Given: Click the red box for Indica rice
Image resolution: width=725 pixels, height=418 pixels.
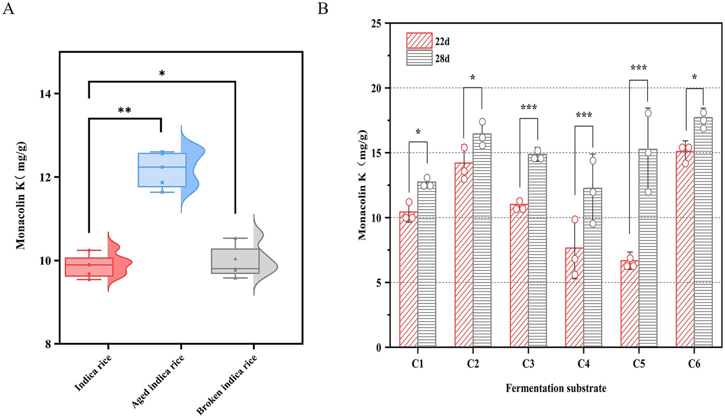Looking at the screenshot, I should coord(89,267).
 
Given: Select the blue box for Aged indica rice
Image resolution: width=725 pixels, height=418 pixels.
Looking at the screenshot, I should coord(162,170).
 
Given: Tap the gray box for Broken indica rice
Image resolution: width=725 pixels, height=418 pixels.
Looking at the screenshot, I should coord(235,261).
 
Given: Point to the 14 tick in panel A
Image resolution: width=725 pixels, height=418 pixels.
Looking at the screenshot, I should coord(46,94).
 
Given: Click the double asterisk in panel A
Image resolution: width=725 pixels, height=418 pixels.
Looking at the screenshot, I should coord(125,111).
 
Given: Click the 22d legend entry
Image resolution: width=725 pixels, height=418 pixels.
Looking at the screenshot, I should coord(428,41).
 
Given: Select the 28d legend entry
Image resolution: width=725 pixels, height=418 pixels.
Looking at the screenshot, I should coord(428,59).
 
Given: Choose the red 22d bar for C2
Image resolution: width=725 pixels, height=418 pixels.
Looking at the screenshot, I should coord(464,255).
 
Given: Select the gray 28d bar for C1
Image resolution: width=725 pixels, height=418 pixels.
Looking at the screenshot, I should coord(426,264).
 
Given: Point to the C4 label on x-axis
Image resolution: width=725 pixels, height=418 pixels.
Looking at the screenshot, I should coord(583,364).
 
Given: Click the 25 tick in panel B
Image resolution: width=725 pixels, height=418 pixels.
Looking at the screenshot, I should coord(376,23).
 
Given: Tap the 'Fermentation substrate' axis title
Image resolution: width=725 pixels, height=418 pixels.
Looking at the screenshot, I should coord(556,389).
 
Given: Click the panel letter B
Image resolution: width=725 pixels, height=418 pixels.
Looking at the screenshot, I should coord(323,9).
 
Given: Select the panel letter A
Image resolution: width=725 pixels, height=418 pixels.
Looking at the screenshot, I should coord(8,9).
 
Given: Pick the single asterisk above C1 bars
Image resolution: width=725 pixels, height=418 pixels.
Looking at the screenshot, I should coord(418,132).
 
